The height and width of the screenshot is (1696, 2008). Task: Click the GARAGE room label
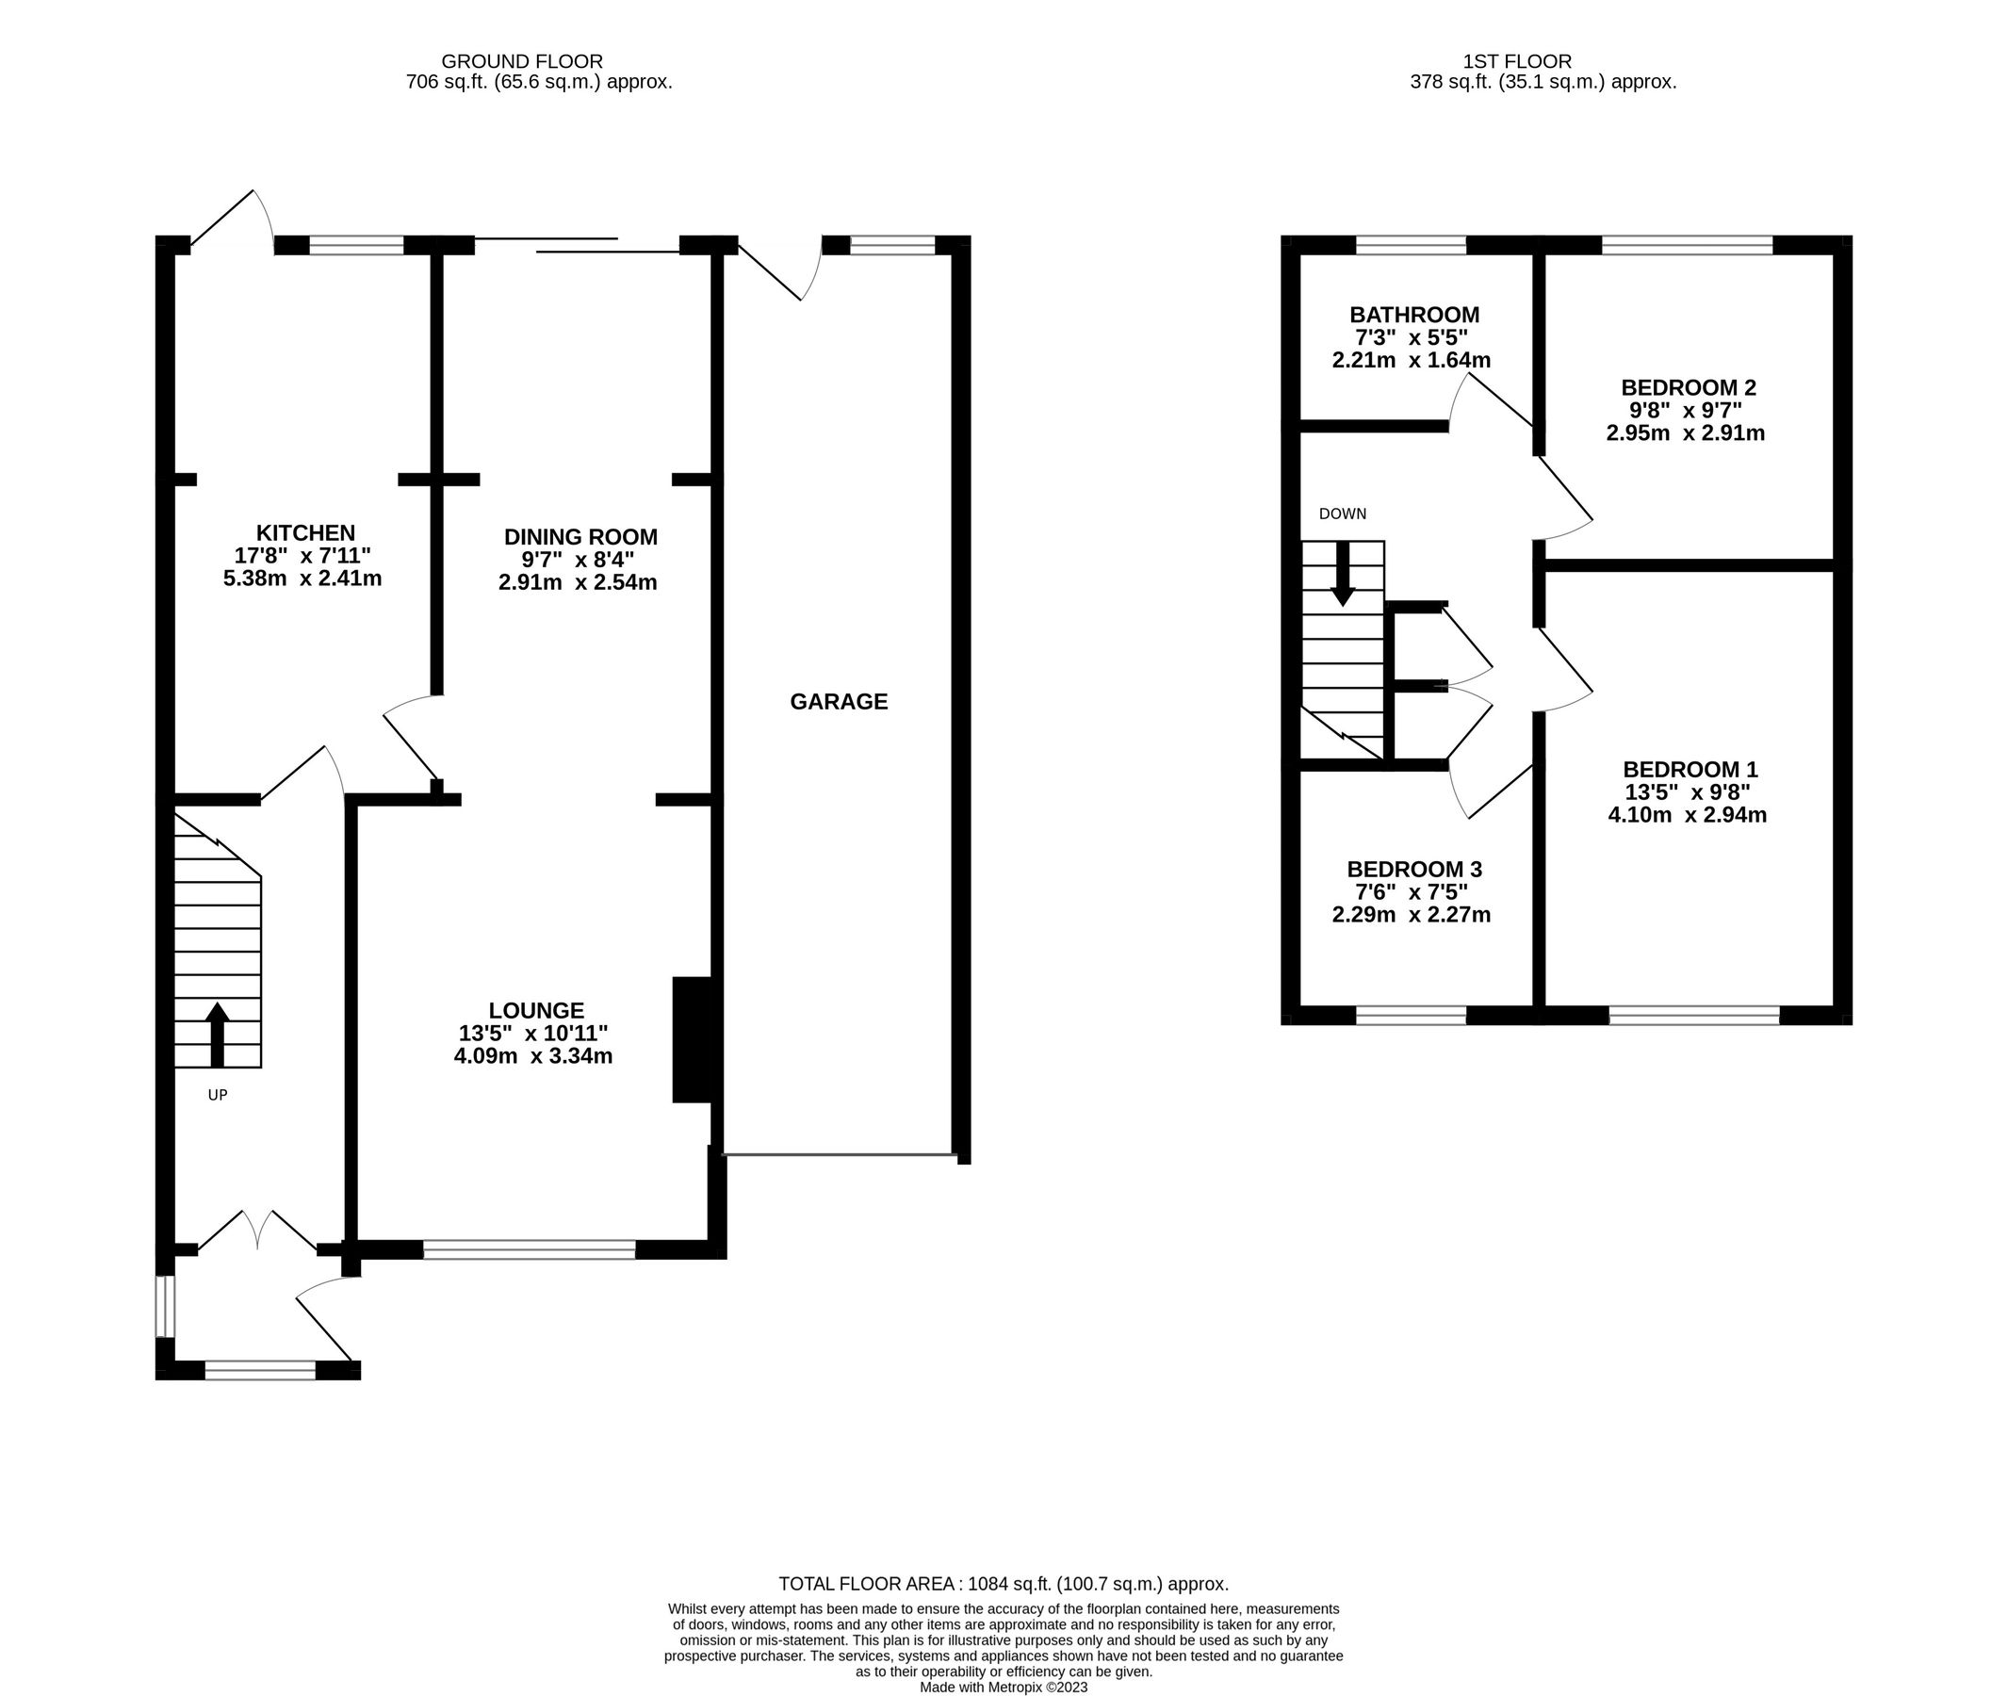839,702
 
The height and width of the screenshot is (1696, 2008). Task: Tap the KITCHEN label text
305,532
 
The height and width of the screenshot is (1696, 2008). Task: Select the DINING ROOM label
580,536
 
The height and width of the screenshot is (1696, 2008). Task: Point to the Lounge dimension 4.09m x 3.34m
532,1055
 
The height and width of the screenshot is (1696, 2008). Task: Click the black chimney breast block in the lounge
692,1039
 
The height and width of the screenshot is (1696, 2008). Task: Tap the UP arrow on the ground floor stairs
218,1035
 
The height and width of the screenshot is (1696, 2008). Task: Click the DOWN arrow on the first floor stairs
1343,574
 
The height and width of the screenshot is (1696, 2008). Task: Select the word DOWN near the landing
1343,514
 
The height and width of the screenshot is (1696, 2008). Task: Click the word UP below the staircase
218,1094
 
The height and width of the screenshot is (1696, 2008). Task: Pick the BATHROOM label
1413,315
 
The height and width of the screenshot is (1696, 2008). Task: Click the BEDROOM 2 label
1688,387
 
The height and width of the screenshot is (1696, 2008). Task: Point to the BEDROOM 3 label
1413,869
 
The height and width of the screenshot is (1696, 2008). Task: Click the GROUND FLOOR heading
522,61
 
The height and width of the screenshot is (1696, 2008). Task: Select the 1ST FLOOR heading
1516,61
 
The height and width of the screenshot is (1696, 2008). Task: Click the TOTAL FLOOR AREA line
1003,1584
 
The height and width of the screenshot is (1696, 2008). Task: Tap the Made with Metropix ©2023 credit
1003,1687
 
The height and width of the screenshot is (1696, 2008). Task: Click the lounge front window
529,1249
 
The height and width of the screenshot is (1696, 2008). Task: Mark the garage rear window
892,245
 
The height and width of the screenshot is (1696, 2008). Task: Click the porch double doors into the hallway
258,1231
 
